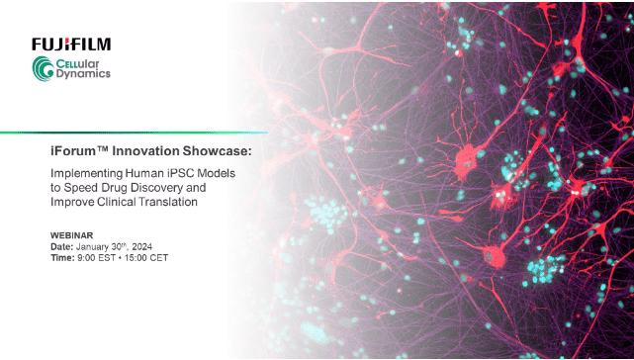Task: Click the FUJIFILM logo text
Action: (x=71, y=44)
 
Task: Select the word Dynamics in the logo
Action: (x=86, y=73)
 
